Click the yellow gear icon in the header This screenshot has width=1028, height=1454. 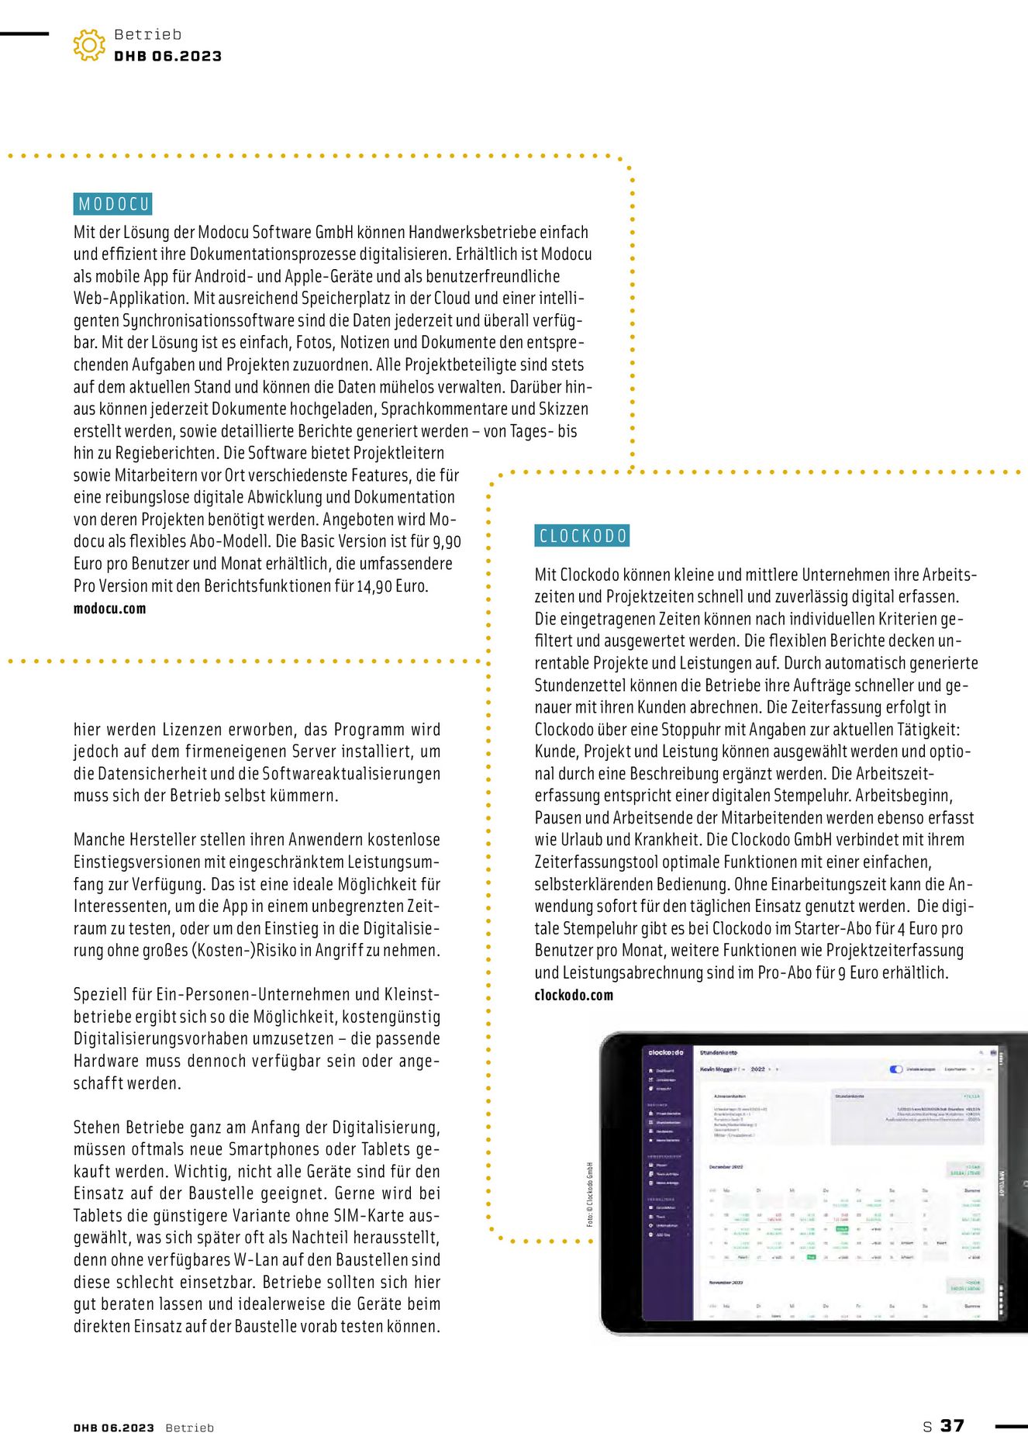(89, 45)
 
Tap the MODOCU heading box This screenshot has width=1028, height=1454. (113, 204)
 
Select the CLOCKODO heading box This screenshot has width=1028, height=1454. (582, 536)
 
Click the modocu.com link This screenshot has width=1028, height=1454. (109, 609)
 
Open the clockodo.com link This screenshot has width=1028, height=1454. (574, 995)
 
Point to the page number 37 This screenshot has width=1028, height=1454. (952, 1425)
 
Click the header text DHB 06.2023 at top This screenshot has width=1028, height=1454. (167, 57)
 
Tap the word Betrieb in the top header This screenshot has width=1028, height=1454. (147, 35)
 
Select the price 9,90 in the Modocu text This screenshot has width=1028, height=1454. (447, 542)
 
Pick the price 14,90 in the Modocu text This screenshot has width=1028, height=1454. (374, 586)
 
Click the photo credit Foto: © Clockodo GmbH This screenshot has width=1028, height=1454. (590, 1194)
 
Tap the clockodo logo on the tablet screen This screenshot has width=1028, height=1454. (666, 1052)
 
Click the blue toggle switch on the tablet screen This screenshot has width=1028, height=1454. (896, 1069)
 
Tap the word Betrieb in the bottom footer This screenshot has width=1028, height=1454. (189, 1428)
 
